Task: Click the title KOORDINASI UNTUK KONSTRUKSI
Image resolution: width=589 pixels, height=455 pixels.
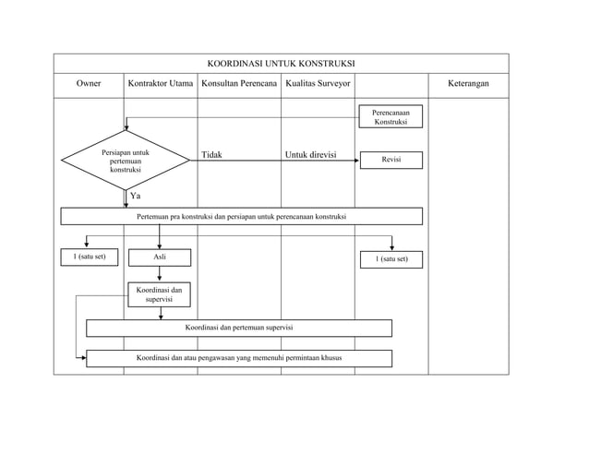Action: click(281, 64)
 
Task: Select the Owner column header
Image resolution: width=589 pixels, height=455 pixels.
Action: click(89, 83)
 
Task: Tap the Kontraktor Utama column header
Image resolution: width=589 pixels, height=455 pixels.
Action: click(161, 83)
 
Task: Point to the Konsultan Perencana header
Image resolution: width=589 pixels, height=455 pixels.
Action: click(239, 83)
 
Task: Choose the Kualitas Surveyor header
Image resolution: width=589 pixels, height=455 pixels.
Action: click(318, 83)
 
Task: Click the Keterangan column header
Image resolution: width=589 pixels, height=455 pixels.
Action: click(468, 83)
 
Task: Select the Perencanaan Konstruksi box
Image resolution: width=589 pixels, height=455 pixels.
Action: click(391, 116)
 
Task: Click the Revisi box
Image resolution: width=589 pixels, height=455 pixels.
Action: click(391, 160)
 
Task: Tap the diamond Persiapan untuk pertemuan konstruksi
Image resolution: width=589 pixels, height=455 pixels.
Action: click(126, 161)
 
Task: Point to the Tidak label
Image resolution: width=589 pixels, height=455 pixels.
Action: click(211, 155)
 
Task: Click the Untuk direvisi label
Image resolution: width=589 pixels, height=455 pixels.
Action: click(310, 155)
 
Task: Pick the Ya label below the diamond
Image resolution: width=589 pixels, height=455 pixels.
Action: click(135, 196)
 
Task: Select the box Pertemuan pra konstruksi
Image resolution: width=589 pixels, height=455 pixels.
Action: click(242, 216)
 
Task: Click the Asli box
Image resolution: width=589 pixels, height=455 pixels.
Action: click(160, 257)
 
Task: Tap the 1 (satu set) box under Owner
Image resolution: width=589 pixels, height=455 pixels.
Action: click(90, 257)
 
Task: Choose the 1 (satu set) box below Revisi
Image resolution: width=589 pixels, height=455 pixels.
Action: click(391, 259)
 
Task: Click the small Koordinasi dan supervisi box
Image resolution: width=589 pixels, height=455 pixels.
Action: click(160, 294)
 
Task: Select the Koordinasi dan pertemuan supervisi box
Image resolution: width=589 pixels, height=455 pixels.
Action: click(239, 329)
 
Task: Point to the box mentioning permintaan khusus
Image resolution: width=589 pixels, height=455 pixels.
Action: click(239, 358)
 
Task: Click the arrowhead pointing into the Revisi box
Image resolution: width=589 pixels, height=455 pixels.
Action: click(357, 161)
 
